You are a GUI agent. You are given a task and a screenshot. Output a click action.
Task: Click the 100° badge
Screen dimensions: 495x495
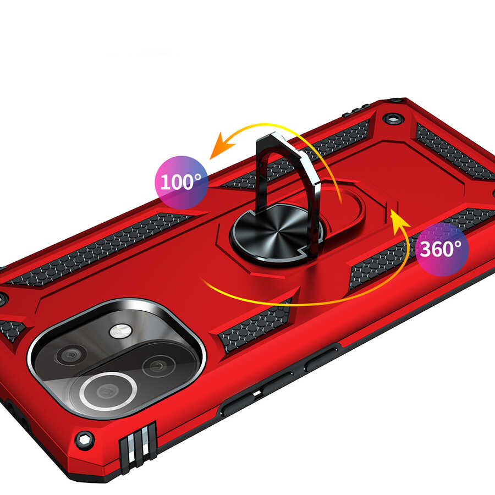[182, 182]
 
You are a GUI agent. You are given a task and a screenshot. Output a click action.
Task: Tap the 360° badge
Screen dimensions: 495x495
[442, 249]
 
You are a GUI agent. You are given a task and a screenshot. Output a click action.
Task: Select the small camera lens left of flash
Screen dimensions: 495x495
[71, 355]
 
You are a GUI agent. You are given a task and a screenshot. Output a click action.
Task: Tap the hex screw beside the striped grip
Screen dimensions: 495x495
[84, 440]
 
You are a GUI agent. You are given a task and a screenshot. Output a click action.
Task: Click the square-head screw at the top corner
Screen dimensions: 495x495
[392, 118]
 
